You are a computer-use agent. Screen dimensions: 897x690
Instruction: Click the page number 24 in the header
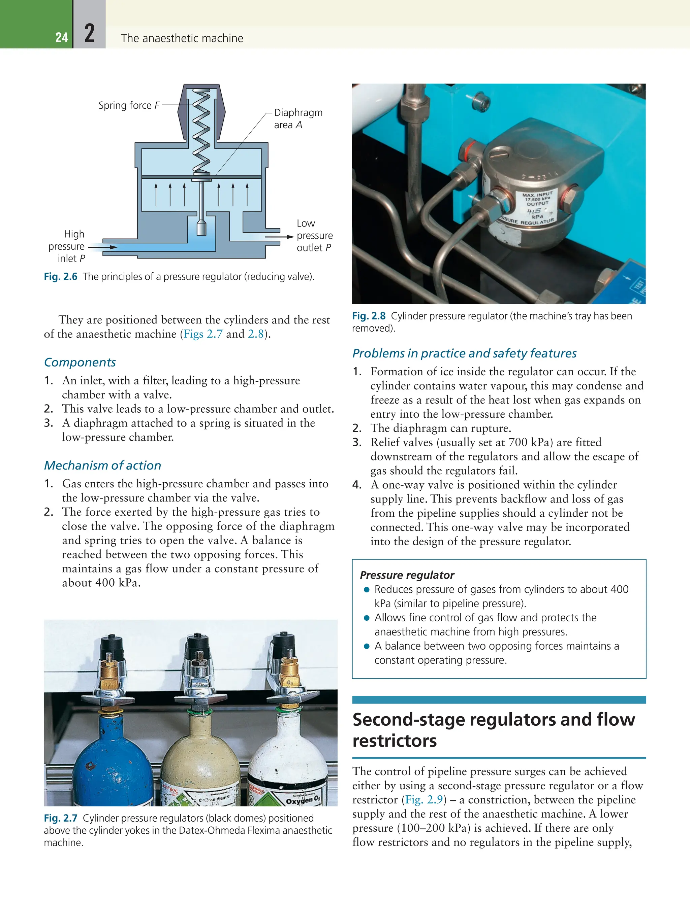point(62,37)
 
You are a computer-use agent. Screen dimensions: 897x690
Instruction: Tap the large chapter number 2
point(90,34)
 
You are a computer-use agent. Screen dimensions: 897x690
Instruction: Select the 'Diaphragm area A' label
point(298,118)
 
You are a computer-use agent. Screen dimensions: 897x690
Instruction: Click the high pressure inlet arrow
point(103,247)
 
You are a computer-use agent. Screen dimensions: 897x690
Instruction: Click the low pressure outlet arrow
point(279,237)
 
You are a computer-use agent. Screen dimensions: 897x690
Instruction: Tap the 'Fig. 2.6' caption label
point(60,277)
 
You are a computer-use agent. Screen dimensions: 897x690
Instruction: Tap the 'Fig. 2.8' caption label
point(368,316)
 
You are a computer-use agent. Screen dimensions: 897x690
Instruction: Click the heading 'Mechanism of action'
point(102,465)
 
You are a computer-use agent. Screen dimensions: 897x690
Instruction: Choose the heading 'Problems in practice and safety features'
point(464,353)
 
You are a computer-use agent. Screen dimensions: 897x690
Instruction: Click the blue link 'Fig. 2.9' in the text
point(424,799)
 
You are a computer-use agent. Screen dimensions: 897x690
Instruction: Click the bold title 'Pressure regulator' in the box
point(407,575)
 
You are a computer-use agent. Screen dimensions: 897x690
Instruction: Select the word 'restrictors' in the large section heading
point(394,741)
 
